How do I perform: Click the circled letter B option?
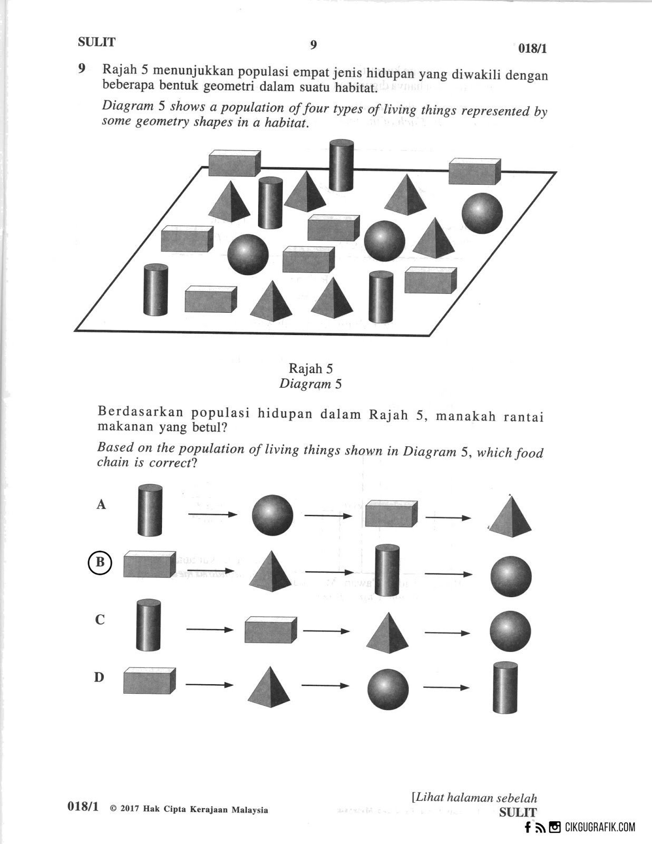[100, 562]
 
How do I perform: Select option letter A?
[101, 504]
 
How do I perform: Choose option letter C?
[100, 619]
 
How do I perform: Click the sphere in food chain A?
[272, 515]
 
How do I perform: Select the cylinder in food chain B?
[387, 571]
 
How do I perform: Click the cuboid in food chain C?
[270, 629]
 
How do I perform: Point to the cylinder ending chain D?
[505, 687]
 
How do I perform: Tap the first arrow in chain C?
[209, 629]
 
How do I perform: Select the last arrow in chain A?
[447, 518]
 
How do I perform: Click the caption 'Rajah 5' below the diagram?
[310, 369]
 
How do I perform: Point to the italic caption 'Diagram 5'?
[310, 383]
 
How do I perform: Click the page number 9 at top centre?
[314, 45]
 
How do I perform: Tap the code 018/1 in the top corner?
[533, 49]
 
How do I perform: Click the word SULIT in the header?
[96, 42]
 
